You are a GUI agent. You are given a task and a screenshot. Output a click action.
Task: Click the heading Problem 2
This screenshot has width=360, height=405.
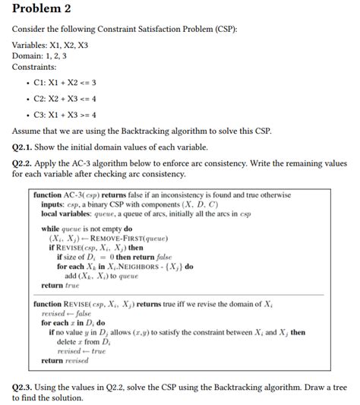[43, 9]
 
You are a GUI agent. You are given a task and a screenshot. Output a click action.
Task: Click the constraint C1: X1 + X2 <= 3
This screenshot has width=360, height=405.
[65, 83]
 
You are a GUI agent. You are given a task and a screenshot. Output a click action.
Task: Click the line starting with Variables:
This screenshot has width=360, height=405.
[49, 45]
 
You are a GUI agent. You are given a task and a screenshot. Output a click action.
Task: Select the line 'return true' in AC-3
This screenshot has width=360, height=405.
[60, 285]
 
